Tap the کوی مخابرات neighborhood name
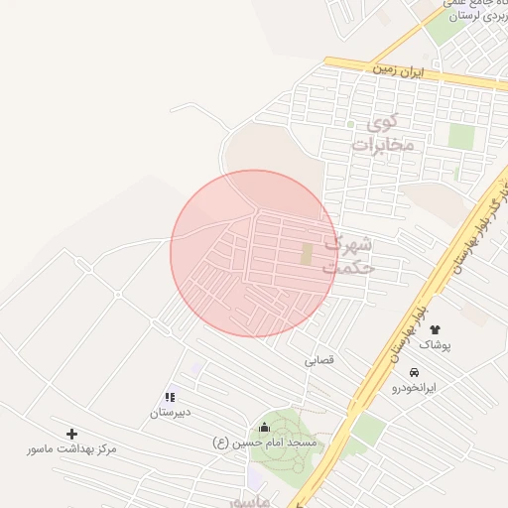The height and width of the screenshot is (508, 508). pos(382,134)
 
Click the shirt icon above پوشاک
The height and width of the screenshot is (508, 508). pos(435,328)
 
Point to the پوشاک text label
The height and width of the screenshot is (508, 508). pos(435,344)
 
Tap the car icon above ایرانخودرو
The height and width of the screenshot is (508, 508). pos(400,372)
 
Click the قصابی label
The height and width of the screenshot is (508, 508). pos(320,361)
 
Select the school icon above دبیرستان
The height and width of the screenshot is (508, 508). pos(170,397)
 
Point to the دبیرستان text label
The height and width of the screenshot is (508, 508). pos(171,412)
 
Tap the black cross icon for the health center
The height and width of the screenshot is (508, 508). pos(71,434)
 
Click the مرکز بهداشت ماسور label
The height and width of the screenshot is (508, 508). pos(71,449)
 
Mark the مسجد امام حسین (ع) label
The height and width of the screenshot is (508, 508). pos(267,443)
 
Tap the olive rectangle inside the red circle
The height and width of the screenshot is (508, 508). pos(307,254)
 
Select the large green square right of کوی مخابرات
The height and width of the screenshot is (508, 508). pos(460,136)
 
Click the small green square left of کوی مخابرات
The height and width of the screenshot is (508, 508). pos(350,125)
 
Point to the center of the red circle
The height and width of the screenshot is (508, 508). pos(254,254)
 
